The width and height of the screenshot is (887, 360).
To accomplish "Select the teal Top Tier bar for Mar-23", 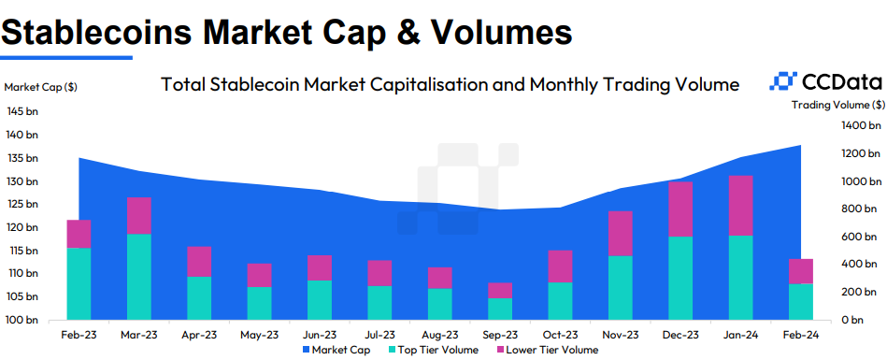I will point(139,277).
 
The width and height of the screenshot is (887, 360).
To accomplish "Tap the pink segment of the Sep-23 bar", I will point(500,291).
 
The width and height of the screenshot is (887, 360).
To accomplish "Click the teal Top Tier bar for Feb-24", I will point(801,302).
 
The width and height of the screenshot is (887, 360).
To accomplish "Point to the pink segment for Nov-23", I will point(621,234).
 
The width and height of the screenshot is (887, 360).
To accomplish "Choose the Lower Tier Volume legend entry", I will point(546,350).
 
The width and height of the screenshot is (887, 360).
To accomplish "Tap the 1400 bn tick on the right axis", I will point(862,125).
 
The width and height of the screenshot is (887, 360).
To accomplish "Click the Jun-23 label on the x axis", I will point(320,334).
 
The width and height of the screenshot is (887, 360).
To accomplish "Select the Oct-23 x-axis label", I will point(560,334).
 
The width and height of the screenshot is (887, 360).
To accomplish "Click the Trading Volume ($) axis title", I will point(837,105).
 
